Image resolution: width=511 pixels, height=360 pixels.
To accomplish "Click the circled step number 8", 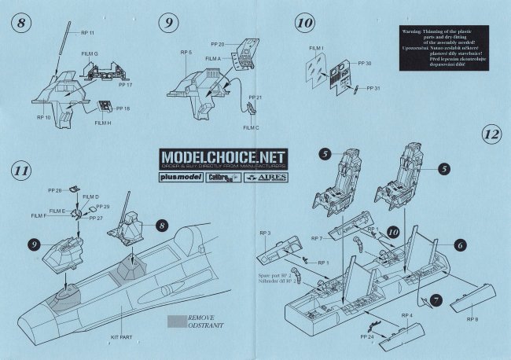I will pos(23,23).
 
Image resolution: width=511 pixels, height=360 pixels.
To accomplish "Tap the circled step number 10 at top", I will pos(303,23).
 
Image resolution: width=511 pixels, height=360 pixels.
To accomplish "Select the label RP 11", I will pos(86,33).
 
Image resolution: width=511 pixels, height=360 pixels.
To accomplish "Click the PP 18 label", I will pos(123,108).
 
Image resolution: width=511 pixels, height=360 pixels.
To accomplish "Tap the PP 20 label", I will pos(218,44).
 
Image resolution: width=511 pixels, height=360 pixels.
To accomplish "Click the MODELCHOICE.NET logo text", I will pos(223,157).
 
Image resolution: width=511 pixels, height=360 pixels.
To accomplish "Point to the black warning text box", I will pos(444,49).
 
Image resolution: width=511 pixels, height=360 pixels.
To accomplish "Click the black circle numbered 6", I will pos(460,244).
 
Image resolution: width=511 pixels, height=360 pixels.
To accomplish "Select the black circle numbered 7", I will pos(438,301).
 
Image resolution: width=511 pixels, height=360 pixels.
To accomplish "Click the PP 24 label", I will pos(366,337).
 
